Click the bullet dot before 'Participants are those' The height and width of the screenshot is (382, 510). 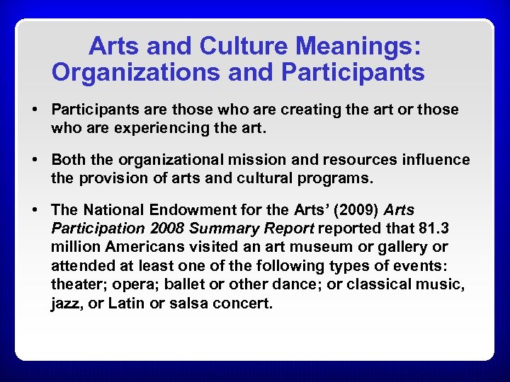33,110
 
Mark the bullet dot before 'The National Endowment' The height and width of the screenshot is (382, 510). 33,210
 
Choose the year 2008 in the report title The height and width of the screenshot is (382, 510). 162,228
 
